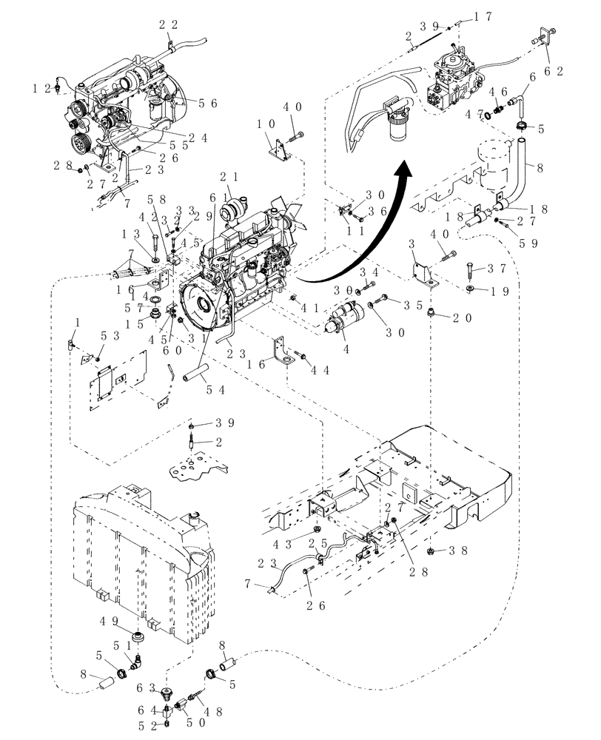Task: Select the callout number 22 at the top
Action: point(169,24)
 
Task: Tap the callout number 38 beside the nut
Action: point(460,551)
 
